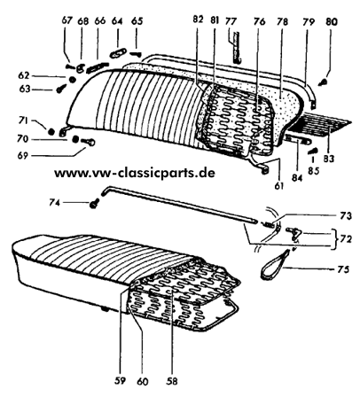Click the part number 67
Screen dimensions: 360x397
[x=67, y=21]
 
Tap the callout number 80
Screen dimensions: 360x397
[x=332, y=21]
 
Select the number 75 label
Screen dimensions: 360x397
[x=343, y=269]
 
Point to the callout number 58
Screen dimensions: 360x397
[x=172, y=381]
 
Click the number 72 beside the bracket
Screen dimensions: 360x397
[x=345, y=238]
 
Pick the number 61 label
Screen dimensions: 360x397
[x=278, y=186]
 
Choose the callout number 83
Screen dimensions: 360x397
[x=328, y=159]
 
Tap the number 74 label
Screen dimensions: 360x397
[x=55, y=203]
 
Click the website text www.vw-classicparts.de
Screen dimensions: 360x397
[x=135, y=173]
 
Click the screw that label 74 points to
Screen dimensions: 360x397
[x=95, y=204]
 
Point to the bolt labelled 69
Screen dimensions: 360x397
[x=88, y=143]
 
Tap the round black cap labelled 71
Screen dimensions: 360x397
[x=51, y=131]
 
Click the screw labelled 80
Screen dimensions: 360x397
[x=324, y=82]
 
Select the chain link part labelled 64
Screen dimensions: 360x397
[x=118, y=53]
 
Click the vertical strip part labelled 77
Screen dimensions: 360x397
[x=235, y=48]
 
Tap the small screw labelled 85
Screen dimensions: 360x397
[x=312, y=152]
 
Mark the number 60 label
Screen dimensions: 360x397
[x=143, y=381]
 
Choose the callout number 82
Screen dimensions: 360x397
[x=199, y=19]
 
